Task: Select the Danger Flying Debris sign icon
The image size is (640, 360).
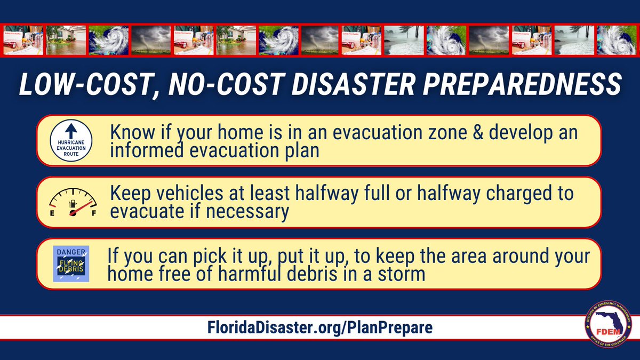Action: point(71,263)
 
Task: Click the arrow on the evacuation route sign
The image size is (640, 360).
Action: point(71,130)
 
